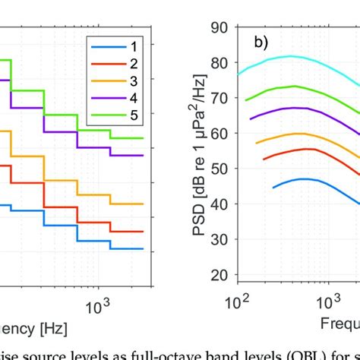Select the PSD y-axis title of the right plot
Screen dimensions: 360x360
point(201,152)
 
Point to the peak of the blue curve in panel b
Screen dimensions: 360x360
point(303,179)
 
